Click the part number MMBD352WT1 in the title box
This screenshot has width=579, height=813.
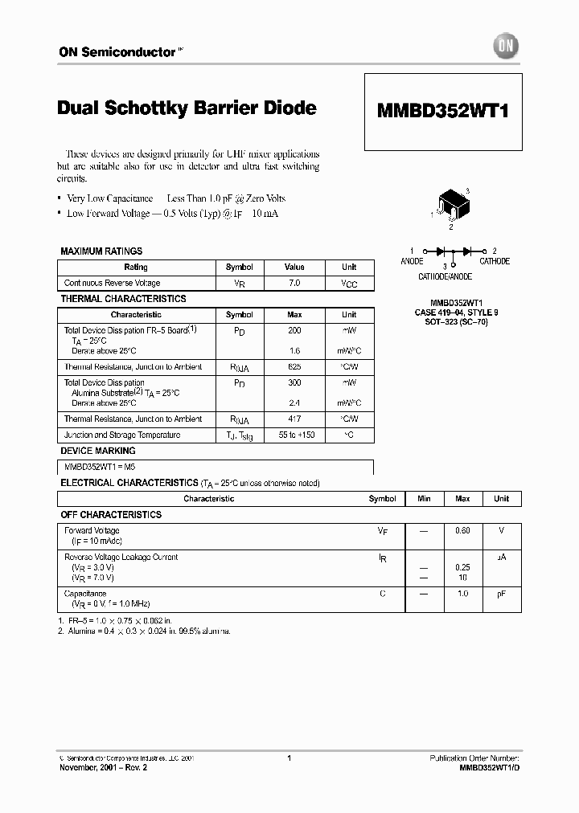coord(443,112)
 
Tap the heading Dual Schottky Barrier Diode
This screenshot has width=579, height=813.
coord(187,108)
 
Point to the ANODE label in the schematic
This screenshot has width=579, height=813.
coord(412,261)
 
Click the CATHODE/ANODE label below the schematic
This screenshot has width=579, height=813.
coord(445,276)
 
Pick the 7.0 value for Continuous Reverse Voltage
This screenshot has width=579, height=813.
coord(294,283)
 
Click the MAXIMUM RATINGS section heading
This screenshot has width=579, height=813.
coord(101,251)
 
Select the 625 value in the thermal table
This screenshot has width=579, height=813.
coord(294,367)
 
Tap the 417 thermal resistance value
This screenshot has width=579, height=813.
coord(294,419)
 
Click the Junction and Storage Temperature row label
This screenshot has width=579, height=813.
coord(122,435)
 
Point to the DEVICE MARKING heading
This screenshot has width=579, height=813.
coord(98,451)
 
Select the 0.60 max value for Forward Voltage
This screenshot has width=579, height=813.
coord(462,531)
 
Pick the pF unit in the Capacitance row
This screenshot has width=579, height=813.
coord(501,594)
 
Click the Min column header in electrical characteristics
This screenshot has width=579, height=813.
coord(424,499)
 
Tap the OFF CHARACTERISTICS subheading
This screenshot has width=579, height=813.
coord(111,514)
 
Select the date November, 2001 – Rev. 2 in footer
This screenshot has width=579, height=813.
coord(104,767)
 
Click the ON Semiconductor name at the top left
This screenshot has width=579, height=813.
coord(117,51)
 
